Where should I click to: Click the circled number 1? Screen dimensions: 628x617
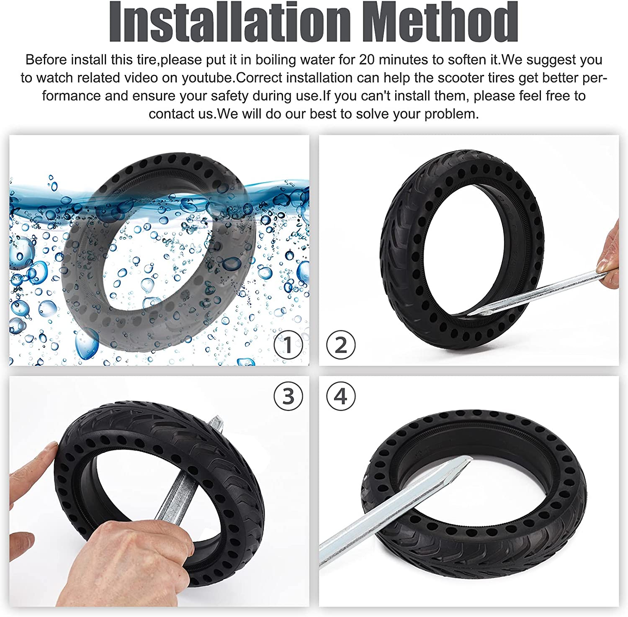[288, 345]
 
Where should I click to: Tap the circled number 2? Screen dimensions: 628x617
[341, 345]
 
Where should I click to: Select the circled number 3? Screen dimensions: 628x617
[288, 396]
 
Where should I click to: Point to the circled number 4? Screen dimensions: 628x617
[341, 396]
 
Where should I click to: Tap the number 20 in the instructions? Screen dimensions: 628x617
[367, 60]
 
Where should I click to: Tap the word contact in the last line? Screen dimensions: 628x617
[173, 114]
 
